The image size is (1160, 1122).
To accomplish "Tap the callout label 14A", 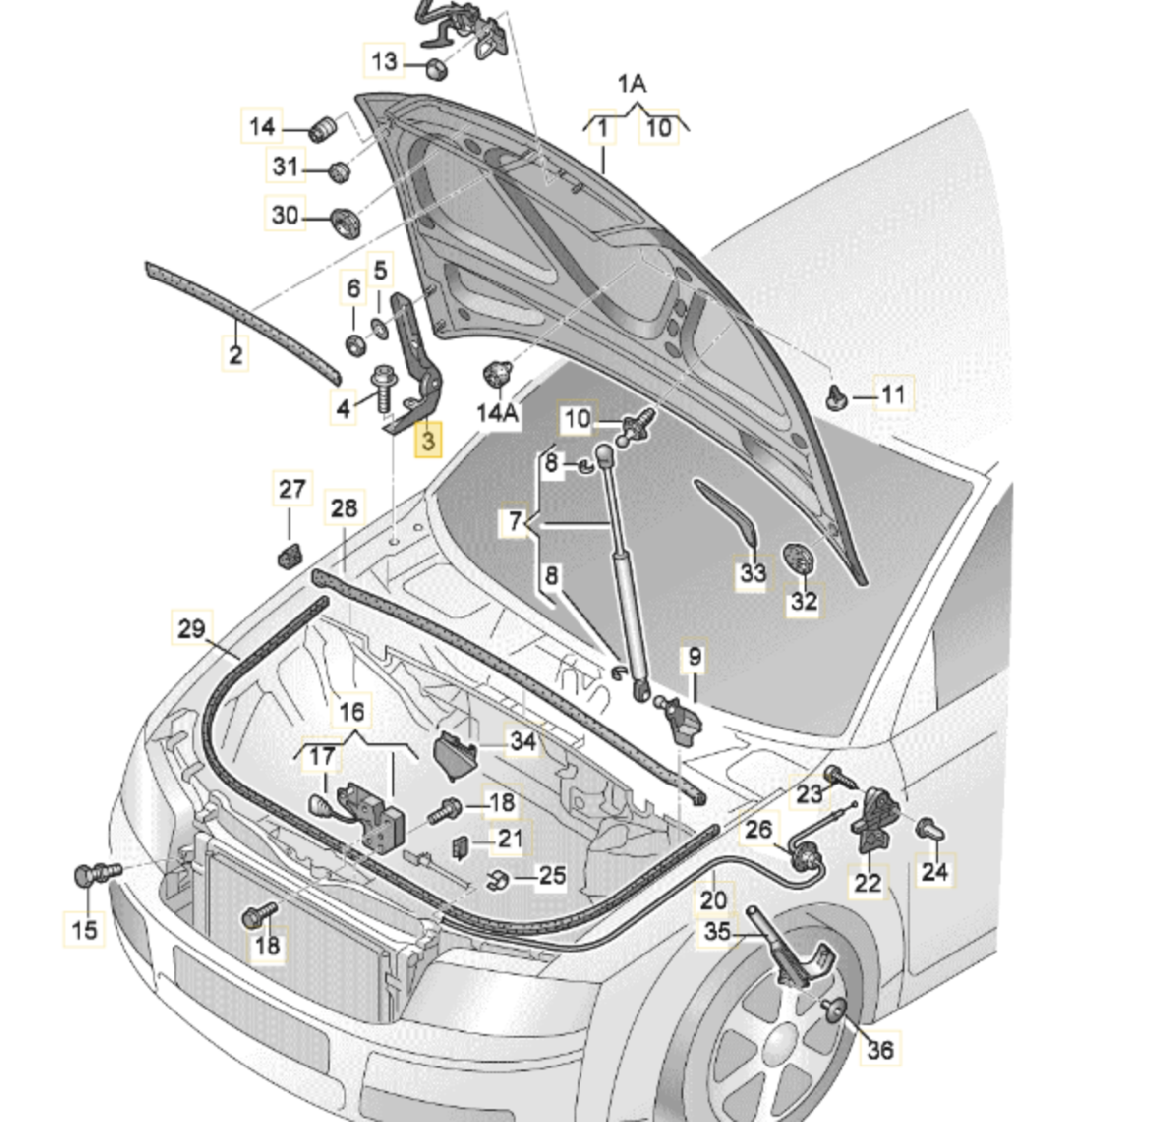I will (x=498, y=413).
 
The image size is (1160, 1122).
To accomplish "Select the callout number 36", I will (x=880, y=1049).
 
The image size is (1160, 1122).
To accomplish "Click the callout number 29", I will (x=191, y=628).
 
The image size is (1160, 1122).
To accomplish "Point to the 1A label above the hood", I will (x=632, y=85).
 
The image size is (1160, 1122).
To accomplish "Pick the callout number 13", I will (x=384, y=62).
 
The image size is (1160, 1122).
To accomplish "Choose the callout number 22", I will (x=867, y=881).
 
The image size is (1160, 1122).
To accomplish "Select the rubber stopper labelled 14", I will (x=322, y=129).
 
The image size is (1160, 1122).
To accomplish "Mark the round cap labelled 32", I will (x=797, y=557).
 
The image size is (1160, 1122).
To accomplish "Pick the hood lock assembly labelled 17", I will (x=372, y=814).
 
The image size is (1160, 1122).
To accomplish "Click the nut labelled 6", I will (x=355, y=344).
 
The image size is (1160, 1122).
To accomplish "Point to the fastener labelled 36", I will (x=837, y=1009).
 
